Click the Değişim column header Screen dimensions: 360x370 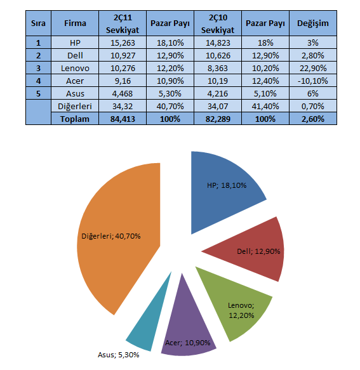(x=313, y=23)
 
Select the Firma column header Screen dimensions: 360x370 (x=75, y=23)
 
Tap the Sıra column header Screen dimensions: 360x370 (x=38, y=23)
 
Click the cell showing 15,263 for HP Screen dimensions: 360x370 (x=123, y=43)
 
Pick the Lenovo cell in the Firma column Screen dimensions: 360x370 (x=75, y=68)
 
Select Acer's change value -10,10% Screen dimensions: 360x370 (x=313, y=81)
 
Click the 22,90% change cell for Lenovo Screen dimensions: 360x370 (x=313, y=68)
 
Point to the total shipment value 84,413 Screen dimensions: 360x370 (x=123, y=119)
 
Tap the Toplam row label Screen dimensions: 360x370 (x=75, y=119)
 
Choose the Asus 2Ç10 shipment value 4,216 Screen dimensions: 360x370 (x=218, y=94)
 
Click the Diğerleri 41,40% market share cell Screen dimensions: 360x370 (x=265, y=106)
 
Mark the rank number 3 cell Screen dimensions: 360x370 (x=38, y=68)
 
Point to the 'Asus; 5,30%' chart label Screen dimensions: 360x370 (x=119, y=355)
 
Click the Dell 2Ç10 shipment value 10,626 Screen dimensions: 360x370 (x=218, y=55)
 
